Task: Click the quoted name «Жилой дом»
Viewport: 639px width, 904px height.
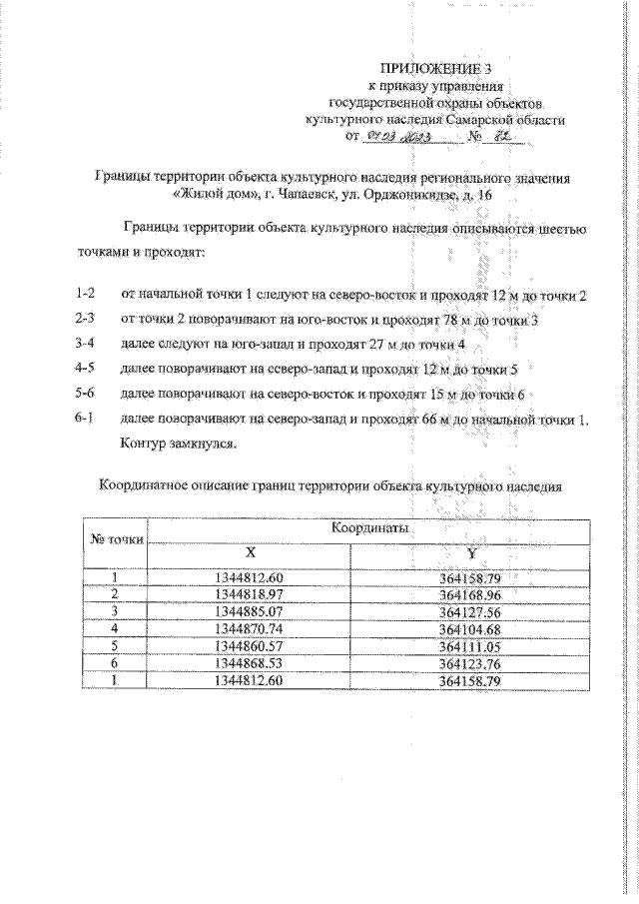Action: [x=216, y=196]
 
